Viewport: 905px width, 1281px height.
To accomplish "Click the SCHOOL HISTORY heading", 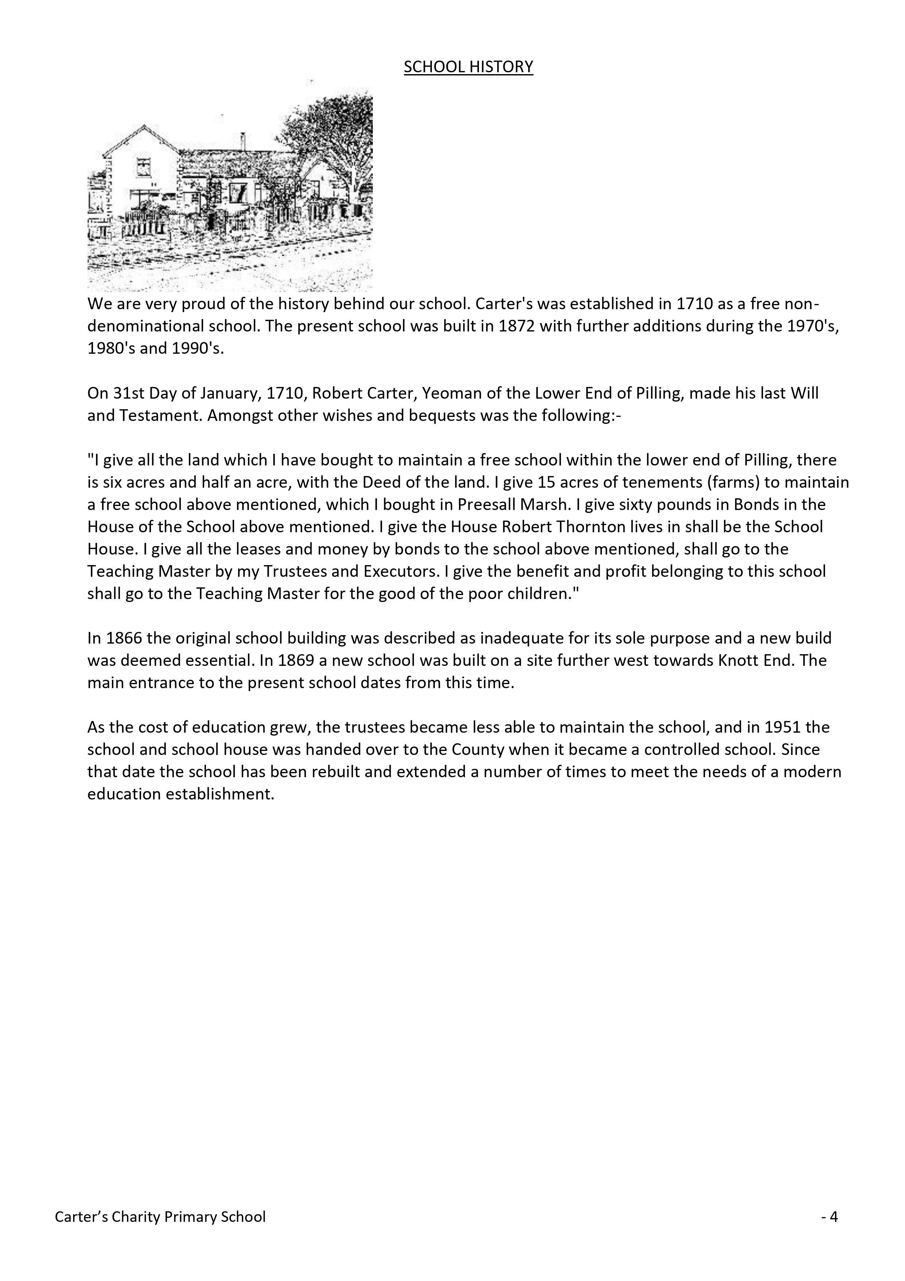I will pyautogui.click(x=468, y=67).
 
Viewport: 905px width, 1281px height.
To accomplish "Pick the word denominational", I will pyautogui.click(x=171, y=326).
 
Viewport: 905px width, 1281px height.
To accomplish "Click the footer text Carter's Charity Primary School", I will pyautogui.click(x=160, y=1217).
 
